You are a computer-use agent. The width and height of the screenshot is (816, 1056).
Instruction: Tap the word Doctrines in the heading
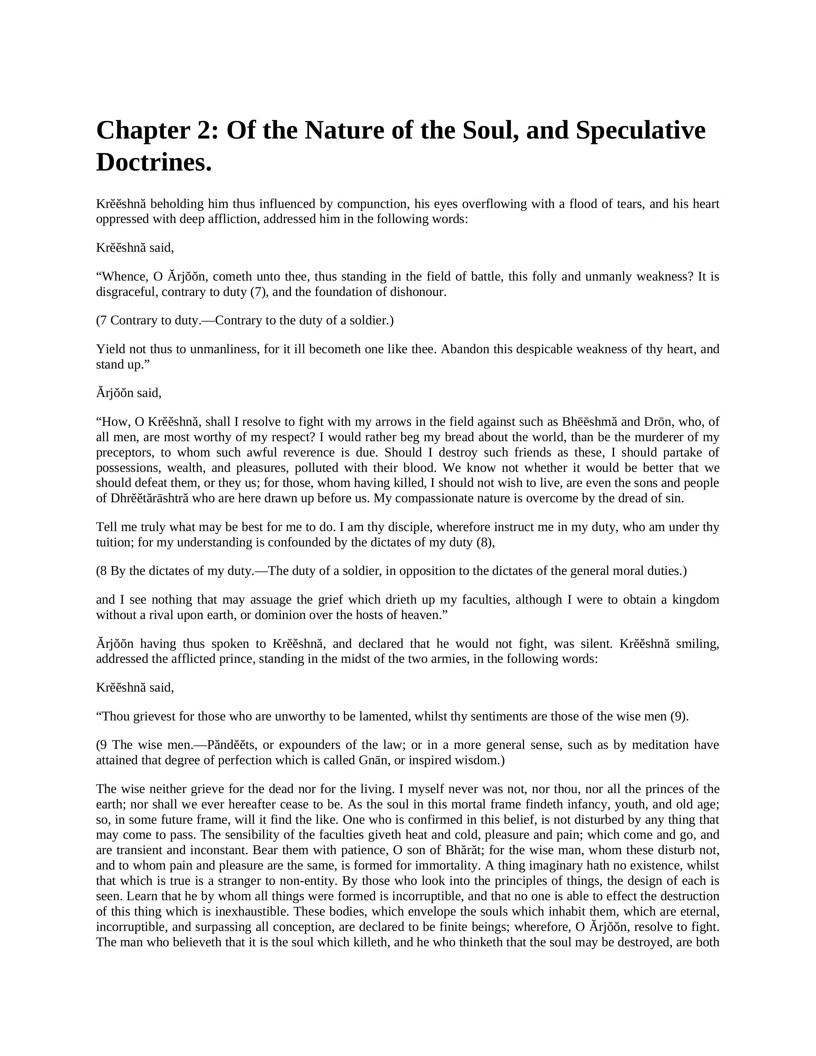[154, 163]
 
